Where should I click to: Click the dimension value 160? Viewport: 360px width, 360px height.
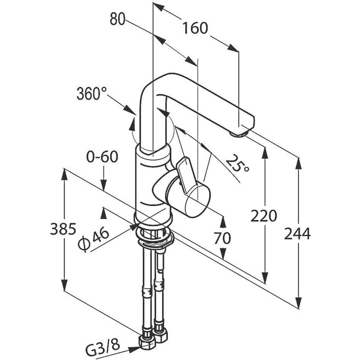(194, 29)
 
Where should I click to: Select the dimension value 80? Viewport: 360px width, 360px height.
(117, 20)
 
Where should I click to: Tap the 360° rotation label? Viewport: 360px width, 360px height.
(88, 95)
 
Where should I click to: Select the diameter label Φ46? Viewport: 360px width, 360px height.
(93, 241)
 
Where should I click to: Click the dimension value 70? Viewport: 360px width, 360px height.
(222, 238)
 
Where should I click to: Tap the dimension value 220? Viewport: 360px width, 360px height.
(264, 217)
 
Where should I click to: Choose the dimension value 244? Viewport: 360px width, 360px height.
(299, 233)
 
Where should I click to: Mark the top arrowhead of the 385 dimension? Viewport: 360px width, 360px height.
(64, 174)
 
